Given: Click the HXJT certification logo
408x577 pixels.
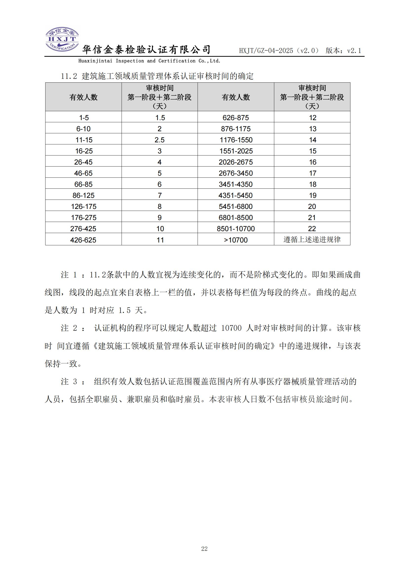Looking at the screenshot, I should (62, 39).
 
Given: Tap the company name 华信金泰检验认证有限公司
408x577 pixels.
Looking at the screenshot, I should (147, 50).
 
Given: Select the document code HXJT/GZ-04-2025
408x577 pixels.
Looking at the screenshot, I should (266, 51).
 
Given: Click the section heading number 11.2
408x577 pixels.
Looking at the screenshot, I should (69, 76).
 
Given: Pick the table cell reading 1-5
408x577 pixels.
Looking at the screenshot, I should (84, 118).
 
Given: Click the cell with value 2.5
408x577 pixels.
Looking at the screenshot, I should (160, 140).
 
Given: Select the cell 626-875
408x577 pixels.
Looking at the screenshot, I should (236, 118).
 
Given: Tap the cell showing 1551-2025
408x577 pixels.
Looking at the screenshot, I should (236, 151).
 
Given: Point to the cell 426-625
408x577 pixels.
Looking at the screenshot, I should (83, 240).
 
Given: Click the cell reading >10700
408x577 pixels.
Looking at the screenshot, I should (236, 240).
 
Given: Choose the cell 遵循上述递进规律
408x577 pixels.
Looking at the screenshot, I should (312, 240).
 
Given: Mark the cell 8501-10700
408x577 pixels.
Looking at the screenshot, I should (236, 228).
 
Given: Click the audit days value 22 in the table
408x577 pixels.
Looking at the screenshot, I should (312, 228).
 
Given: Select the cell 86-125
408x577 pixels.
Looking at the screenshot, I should (83, 195).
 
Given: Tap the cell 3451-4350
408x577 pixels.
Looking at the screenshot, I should (236, 184).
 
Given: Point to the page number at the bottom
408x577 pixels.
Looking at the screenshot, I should (204, 549).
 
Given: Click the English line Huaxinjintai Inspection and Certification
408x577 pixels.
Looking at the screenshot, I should (149, 61).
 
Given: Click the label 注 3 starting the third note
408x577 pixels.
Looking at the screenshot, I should (69, 382).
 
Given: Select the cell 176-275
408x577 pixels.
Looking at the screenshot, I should (83, 217).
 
